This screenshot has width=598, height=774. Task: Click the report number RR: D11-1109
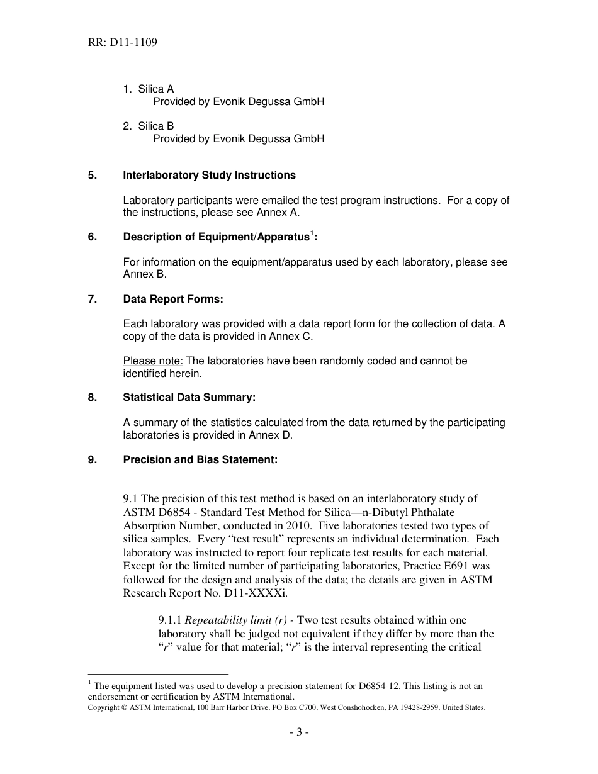[123, 43]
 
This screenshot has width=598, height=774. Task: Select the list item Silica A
[155, 89]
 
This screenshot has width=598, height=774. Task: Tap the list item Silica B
[155, 126]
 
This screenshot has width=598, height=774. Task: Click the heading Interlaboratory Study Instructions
[209, 175]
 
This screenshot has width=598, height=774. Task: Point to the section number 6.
[93, 237]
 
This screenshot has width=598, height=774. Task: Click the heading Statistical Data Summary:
[189, 398]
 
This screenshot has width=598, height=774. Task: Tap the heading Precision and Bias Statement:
[200, 459]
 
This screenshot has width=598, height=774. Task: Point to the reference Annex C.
[290, 336]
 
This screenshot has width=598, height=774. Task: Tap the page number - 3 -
[299, 732]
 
